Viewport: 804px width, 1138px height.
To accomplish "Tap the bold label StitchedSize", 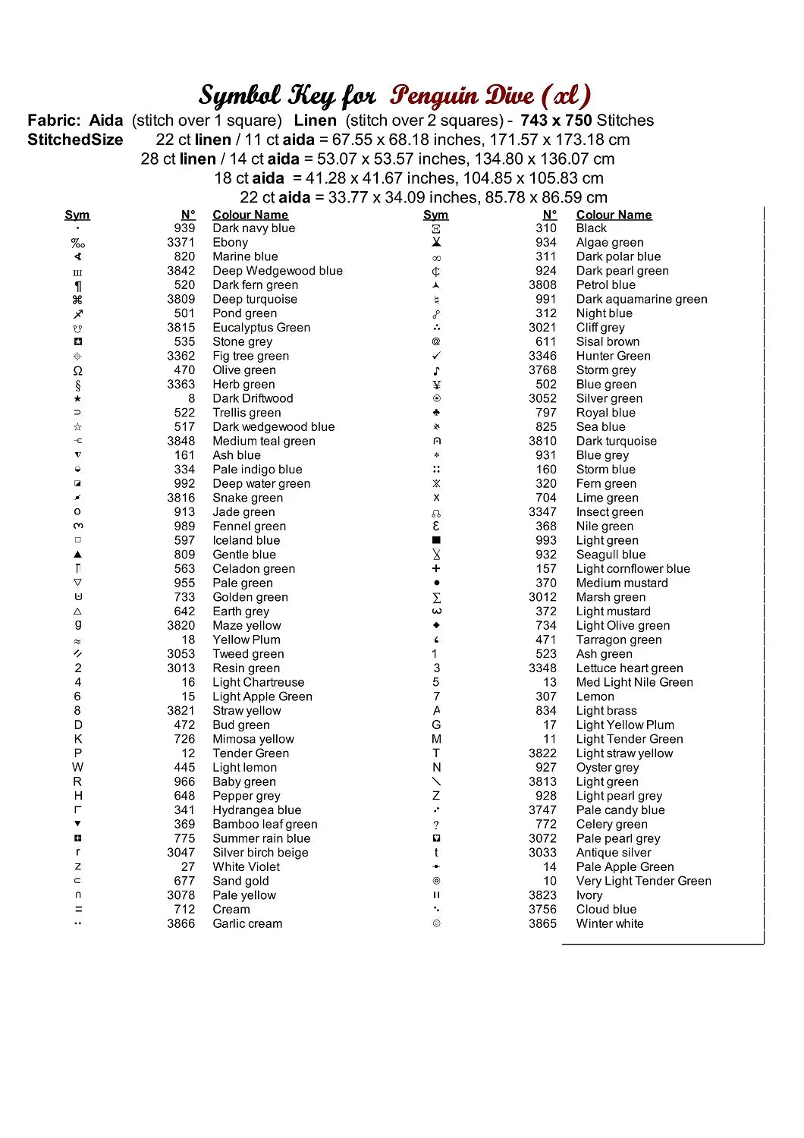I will pyautogui.click(x=75, y=140).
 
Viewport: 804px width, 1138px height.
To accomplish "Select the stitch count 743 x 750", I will pyautogui.click(x=556, y=121).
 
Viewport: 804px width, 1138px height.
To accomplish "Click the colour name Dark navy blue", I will pyautogui.click(x=253, y=228).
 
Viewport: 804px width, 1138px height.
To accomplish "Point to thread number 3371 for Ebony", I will pyautogui.click(x=181, y=243).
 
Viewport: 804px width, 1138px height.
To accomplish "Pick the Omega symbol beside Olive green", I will pyautogui.click(x=77, y=371).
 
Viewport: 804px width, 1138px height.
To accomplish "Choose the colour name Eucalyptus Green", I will pyautogui.click(x=261, y=328).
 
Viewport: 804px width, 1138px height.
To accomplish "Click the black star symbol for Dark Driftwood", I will pyautogui.click(x=77, y=399).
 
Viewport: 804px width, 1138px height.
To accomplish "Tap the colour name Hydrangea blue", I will pyautogui.click(x=256, y=810).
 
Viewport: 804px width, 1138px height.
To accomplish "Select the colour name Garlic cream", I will pyautogui.click(x=247, y=924).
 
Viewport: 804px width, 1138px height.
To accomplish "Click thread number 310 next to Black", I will pyautogui.click(x=546, y=228).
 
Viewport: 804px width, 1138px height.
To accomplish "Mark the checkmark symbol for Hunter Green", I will pyautogui.click(x=436, y=356).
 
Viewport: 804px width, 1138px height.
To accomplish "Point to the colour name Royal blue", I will pyautogui.click(x=605, y=413).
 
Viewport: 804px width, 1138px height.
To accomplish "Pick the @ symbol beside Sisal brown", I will pyautogui.click(x=436, y=342).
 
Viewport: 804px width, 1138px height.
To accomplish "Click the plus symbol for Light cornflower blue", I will pyautogui.click(x=436, y=569).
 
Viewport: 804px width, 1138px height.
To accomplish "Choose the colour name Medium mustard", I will pyautogui.click(x=622, y=583).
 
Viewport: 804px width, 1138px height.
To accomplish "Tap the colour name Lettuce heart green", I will pyautogui.click(x=630, y=668).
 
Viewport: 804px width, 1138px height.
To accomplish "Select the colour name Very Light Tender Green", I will pyautogui.click(x=643, y=882).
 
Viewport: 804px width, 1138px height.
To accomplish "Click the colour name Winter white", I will pyautogui.click(x=609, y=924).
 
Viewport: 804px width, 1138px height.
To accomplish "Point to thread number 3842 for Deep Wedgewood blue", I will pyautogui.click(x=181, y=271).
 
